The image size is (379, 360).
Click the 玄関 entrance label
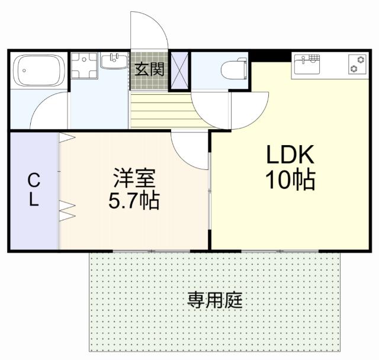(x=149, y=69)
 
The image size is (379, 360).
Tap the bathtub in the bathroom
(x=39, y=70)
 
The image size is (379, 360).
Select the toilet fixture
(x=235, y=68)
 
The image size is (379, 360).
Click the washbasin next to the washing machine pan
(x=114, y=61)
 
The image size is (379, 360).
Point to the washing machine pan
(x=84, y=66)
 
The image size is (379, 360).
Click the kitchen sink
(x=307, y=65)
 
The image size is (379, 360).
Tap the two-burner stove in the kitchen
(x=357, y=64)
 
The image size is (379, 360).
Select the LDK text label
(x=290, y=155)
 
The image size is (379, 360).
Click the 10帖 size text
(x=290, y=180)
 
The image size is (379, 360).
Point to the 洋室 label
(x=134, y=178)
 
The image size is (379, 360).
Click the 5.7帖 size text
(x=134, y=201)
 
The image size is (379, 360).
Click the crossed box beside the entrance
(x=179, y=70)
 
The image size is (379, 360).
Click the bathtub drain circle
(x=24, y=70)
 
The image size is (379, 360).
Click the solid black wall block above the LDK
(x=270, y=56)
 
